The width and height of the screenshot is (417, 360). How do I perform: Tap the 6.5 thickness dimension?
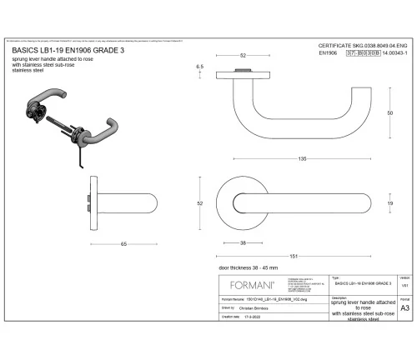(200, 66)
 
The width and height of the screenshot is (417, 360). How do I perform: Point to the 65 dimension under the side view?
(123, 243)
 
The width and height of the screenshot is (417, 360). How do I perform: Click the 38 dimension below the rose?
(242, 242)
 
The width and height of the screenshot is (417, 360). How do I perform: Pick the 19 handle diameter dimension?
(390, 202)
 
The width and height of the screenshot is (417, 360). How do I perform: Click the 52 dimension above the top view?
(243, 55)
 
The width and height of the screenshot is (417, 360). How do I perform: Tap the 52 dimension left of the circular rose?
(200, 202)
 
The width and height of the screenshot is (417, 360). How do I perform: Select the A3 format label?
(404, 307)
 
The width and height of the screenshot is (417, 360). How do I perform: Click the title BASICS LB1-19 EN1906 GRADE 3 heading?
(68, 50)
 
